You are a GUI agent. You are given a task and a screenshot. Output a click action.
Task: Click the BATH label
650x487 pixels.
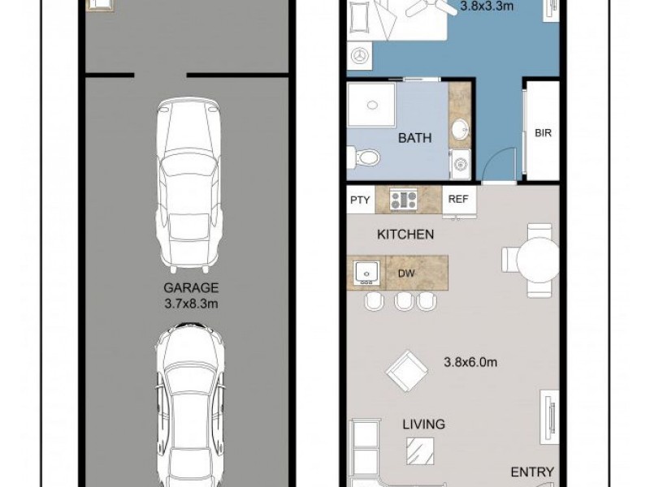pyautogui.click(x=414, y=139)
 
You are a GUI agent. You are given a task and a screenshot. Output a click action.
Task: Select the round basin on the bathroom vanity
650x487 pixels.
pyautogui.click(x=461, y=128)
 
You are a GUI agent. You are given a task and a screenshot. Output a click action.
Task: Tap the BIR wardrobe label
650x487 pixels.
pyautogui.click(x=543, y=133)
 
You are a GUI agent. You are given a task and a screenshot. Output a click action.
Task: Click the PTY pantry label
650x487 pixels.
pyautogui.click(x=359, y=200)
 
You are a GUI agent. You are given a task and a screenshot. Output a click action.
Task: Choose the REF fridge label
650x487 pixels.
pyautogui.click(x=458, y=200)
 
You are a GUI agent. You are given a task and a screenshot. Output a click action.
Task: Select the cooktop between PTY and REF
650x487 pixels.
pyautogui.click(x=404, y=200)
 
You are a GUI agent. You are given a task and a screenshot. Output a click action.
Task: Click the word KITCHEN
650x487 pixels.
pyautogui.click(x=405, y=235)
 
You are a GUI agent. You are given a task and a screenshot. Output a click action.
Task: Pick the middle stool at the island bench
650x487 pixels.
pyautogui.click(x=403, y=301)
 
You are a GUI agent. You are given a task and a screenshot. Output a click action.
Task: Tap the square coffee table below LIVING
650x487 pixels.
pyautogui.click(x=421, y=450)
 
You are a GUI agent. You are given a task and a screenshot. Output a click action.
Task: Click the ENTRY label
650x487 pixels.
pyautogui.click(x=531, y=472)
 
